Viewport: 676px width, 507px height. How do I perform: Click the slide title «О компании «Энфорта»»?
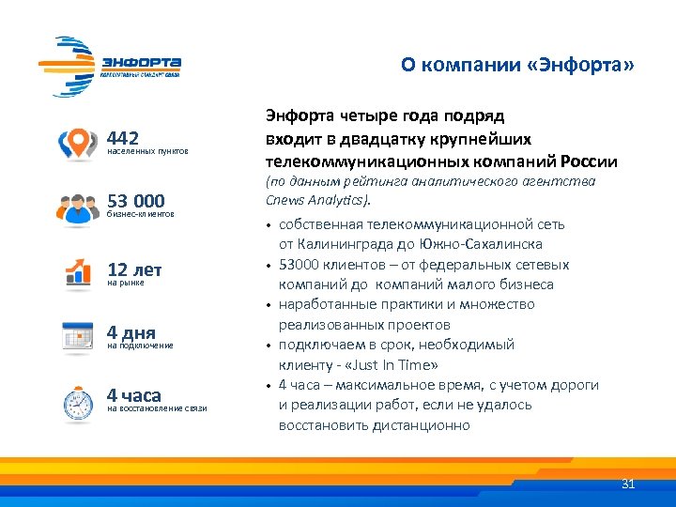pos(517,65)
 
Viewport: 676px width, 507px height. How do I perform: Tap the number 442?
pos(124,137)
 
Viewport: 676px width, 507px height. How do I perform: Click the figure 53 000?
pos(136,201)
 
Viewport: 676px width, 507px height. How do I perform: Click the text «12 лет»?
pos(134,269)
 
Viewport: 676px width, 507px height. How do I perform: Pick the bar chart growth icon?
pos(77,272)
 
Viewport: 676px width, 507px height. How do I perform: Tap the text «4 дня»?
pos(131,332)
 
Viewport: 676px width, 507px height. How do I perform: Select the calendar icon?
pos(77,336)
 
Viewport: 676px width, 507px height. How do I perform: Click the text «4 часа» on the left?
pos(134,395)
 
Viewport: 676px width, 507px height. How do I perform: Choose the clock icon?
pos(77,402)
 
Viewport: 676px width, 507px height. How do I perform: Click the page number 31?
pos(629,484)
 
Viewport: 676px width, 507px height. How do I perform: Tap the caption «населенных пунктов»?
pos(147,151)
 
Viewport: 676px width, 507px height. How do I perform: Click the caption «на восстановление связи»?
pos(157,409)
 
